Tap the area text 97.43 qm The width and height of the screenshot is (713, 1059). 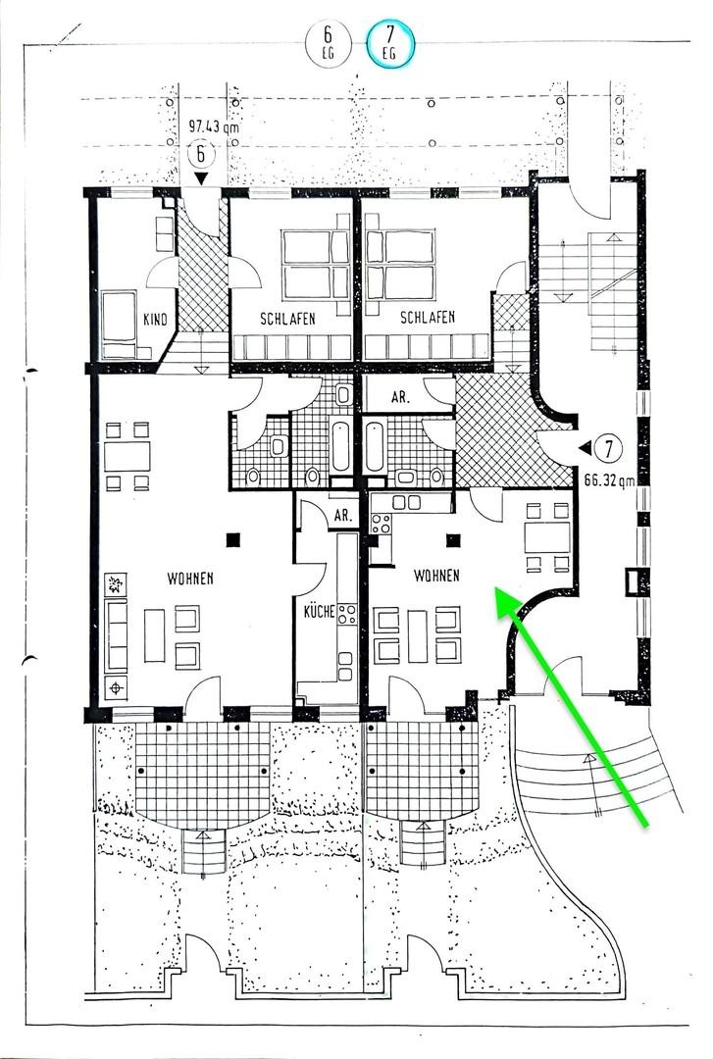[x=214, y=126]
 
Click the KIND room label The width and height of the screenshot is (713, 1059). [x=155, y=320]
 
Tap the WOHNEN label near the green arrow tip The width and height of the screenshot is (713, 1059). [x=436, y=576]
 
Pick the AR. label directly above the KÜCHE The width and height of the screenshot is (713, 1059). [x=342, y=516]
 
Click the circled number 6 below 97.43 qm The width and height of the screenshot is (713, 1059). [x=201, y=154]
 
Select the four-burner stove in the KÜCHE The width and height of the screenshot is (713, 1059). [x=346, y=615]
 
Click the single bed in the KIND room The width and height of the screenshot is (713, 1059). [x=122, y=323]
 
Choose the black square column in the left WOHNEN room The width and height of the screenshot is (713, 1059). [x=233, y=537]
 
